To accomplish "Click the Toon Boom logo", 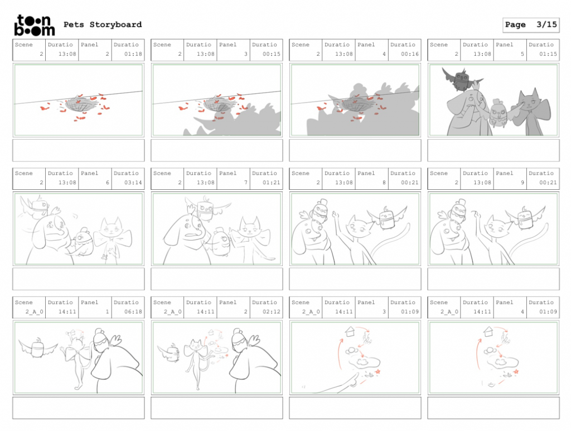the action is pos(34,26).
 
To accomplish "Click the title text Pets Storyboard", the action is pos(103,25).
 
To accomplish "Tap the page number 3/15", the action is pos(546,25).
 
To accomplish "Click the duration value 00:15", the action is pos(272,54).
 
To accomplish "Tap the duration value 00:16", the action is pos(410,54).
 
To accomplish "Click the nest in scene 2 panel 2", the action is pos(81,104).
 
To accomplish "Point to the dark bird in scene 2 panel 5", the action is pos(461,78).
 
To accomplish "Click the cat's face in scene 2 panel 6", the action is pos(111,229).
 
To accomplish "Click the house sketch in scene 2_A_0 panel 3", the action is pos(350,332).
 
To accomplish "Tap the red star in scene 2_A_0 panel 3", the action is pos(378,372).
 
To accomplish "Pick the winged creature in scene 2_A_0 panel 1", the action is pos(38,347).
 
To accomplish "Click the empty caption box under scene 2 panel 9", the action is pos(493,279).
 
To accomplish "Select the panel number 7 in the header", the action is pos(246,183).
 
